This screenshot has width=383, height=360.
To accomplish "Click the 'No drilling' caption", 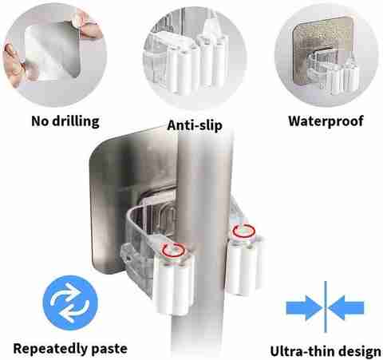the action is click(65, 121).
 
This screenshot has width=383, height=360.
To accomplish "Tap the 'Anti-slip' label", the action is click(195, 125).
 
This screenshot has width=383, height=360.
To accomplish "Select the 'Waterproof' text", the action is click(326, 121).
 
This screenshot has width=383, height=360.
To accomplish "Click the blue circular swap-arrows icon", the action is click(70, 303).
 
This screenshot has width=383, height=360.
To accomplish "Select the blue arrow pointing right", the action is click(304, 308).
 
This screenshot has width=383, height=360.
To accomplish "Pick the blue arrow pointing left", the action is click(346, 308).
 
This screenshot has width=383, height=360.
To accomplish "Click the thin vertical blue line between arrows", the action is click(326, 307).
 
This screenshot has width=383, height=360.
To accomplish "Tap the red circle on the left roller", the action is click(174, 250).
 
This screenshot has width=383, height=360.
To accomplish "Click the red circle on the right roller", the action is click(243, 231).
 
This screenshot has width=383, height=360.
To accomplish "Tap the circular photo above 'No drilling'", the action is click(54, 54).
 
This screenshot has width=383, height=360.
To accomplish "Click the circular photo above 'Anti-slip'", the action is click(195, 57).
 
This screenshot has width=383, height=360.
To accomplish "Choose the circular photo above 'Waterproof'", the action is click(326, 55).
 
